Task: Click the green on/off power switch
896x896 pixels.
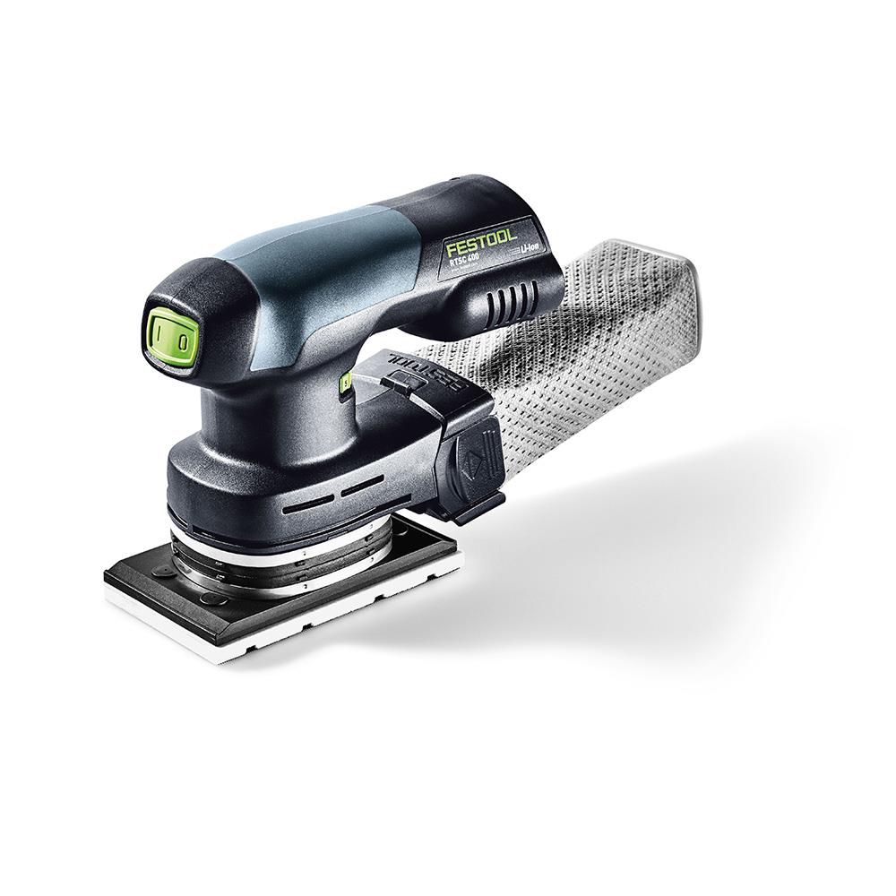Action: click(169, 339)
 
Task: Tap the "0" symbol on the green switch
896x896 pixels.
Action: click(180, 341)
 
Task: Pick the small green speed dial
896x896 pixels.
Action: click(344, 385)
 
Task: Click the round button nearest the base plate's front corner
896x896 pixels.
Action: click(211, 598)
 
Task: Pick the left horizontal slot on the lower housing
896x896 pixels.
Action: click(304, 506)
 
